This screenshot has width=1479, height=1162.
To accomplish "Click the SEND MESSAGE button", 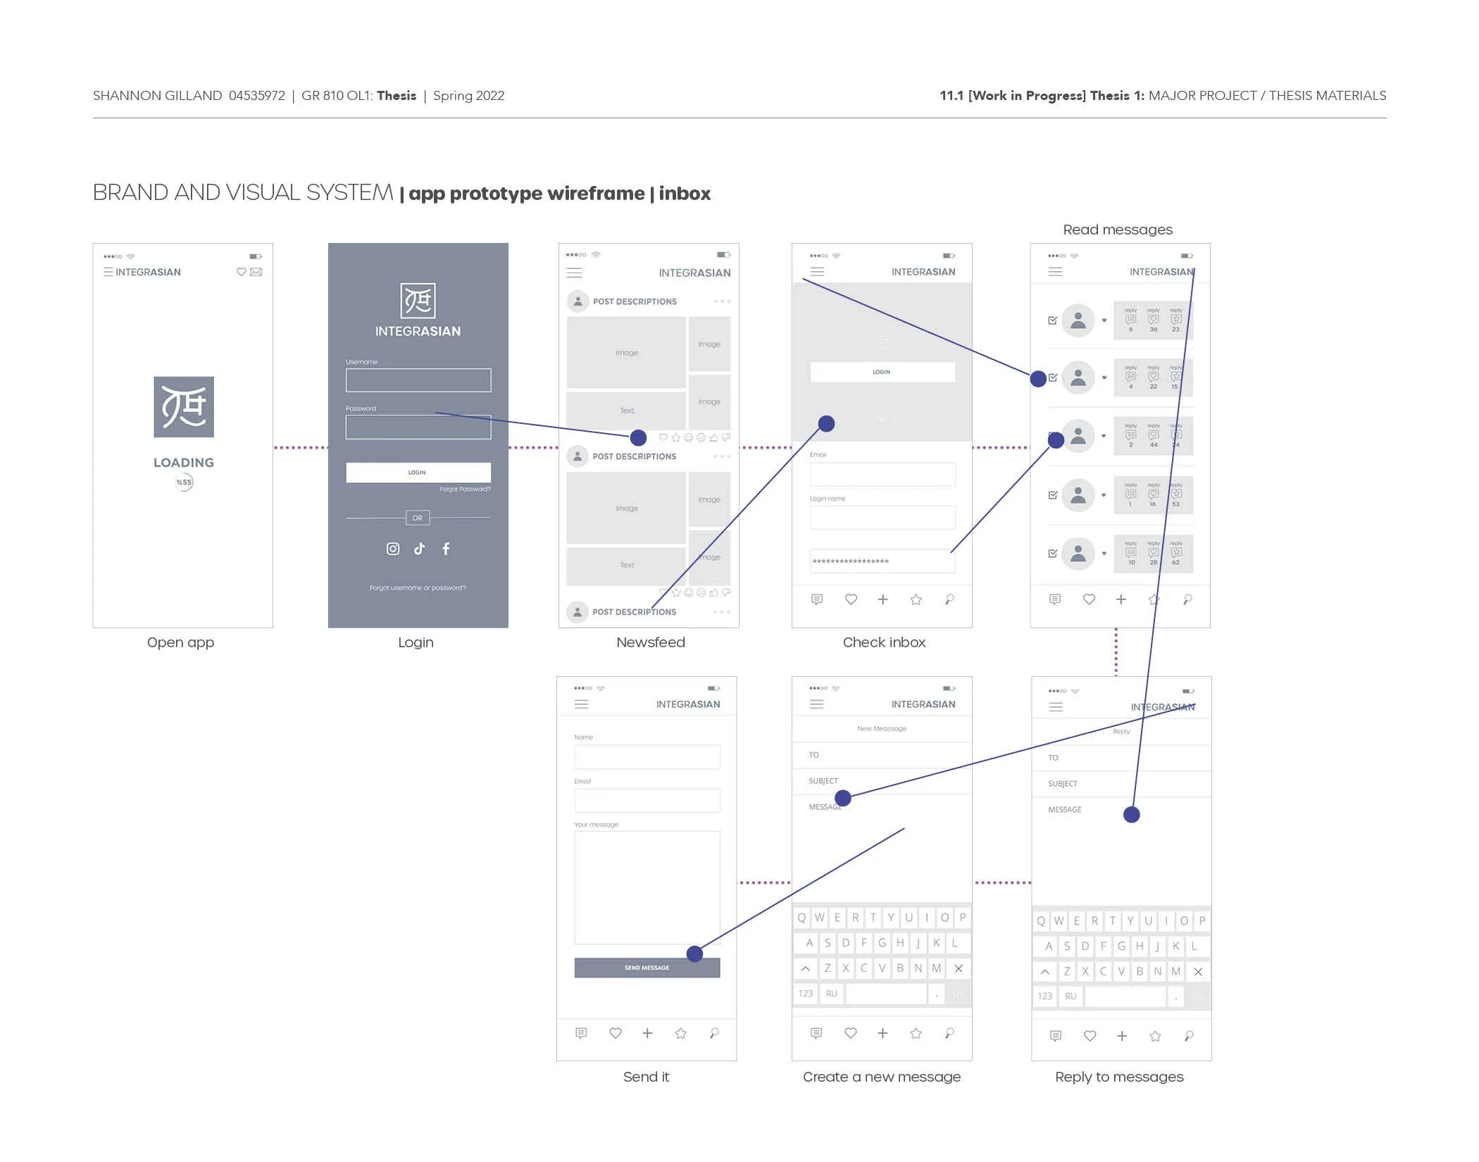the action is pyautogui.click(x=646, y=968).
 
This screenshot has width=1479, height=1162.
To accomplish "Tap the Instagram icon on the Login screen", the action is pyautogui.click(x=393, y=549).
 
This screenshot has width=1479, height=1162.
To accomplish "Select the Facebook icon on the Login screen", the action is pyautogui.click(x=446, y=549).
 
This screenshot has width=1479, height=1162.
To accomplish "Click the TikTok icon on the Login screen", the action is pyautogui.click(x=420, y=549).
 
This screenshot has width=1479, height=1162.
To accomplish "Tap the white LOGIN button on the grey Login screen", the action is pyautogui.click(x=418, y=472).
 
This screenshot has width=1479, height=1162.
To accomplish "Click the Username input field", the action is pyautogui.click(x=418, y=380).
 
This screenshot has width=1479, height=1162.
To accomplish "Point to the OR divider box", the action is pyautogui.click(x=418, y=518).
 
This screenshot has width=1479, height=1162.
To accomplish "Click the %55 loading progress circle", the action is pyautogui.click(x=184, y=482).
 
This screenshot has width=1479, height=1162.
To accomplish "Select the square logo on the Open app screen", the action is pyautogui.click(x=184, y=407).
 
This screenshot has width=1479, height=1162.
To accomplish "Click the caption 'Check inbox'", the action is pyautogui.click(x=884, y=642).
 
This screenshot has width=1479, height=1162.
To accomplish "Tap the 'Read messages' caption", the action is pyautogui.click(x=1117, y=230).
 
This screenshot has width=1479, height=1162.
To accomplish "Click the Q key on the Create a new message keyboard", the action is pyautogui.click(x=801, y=918).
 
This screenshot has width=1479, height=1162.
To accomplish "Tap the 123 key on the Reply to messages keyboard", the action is pyautogui.click(x=1044, y=996).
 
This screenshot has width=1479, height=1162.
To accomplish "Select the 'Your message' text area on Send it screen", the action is pyautogui.click(x=647, y=887).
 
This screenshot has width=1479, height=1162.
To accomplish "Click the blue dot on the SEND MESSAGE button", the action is pyautogui.click(x=694, y=954).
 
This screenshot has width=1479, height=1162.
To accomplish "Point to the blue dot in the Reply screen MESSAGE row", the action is pyautogui.click(x=1131, y=815).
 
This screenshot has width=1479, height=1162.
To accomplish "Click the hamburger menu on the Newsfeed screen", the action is pyautogui.click(x=575, y=273).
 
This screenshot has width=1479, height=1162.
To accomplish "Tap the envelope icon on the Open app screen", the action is pyautogui.click(x=256, y=272).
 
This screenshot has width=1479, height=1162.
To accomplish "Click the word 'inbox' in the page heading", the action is pyautogui.click(x=685, y=194).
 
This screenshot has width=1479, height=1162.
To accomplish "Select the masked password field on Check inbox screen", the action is pyautogui.click(x=882, y=561).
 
